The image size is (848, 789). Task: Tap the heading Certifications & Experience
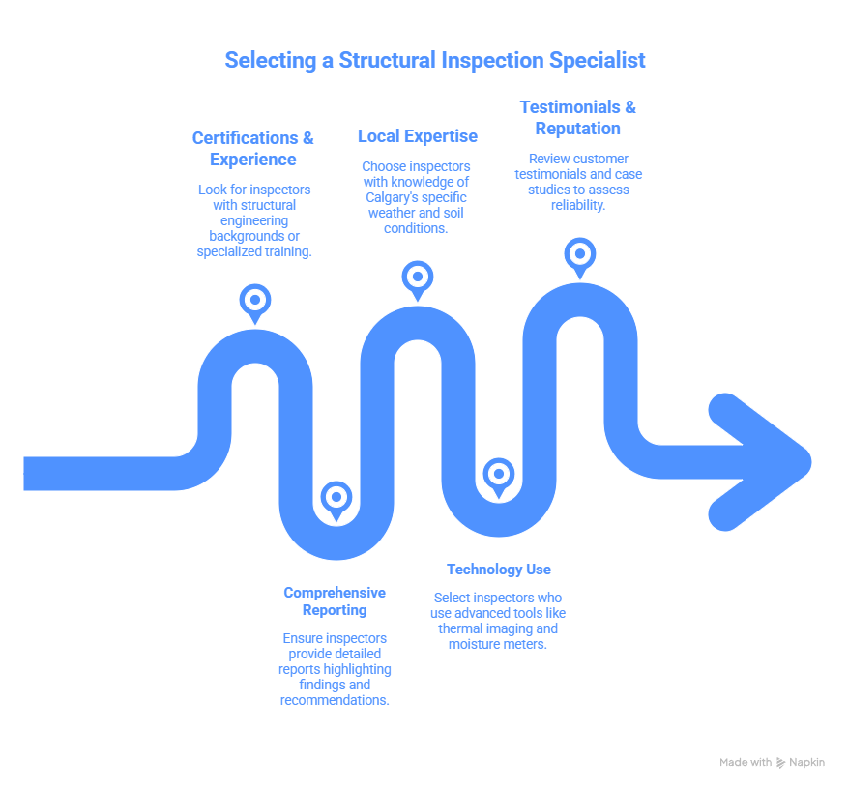pos(253,149)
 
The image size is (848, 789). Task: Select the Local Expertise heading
pos(417,136)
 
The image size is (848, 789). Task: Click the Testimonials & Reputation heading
pos(578,117)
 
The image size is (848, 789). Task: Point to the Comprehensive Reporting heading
pos(335,600)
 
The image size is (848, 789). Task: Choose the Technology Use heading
pos(499,570)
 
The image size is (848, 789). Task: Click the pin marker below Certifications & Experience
pos(255,301)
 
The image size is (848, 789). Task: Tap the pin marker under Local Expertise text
pos(417,277)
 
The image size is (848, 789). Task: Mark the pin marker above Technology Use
pos(498,475)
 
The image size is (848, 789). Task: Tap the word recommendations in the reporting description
pos(335,700)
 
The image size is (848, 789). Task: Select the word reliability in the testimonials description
pos(576,205)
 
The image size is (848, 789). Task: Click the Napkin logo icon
pos(781,763)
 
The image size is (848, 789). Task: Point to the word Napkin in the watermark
pos(807,763)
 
